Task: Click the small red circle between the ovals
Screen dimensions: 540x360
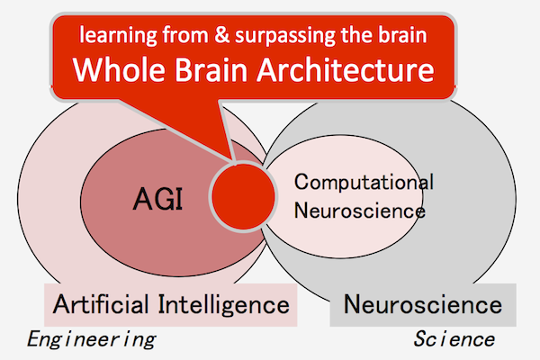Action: [243, 196]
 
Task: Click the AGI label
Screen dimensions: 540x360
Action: [157, 199]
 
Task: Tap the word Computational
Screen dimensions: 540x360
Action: [364, 183]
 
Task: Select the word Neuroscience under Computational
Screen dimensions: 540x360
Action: [359, 210]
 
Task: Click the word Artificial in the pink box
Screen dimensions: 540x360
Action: [101, 304]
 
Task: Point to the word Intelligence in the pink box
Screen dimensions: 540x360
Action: [224, 305]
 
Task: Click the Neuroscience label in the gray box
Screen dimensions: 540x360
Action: [423, 304]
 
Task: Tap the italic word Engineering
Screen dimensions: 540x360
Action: [91, 339]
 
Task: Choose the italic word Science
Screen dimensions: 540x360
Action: [454, 339]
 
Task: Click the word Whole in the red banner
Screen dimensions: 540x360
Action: [119, 69]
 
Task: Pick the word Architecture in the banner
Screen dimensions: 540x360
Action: [346, 69]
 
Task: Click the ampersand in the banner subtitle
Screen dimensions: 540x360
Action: [222, 35]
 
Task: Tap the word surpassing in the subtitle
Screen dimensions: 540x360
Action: [284, 36]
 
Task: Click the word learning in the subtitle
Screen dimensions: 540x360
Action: [118, 36]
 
